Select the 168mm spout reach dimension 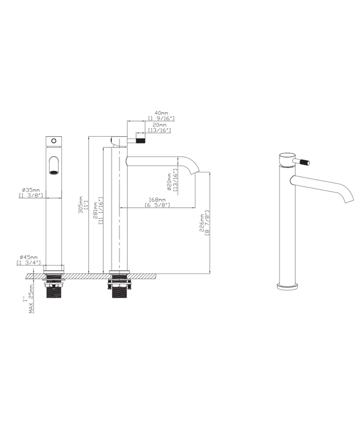tap(157, 200)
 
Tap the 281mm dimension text tap(95, 210)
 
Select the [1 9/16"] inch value tap(162, 118)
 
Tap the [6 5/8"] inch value tap(157, 206)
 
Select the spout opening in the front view tap(54, 166)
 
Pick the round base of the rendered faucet tap(289, 287)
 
